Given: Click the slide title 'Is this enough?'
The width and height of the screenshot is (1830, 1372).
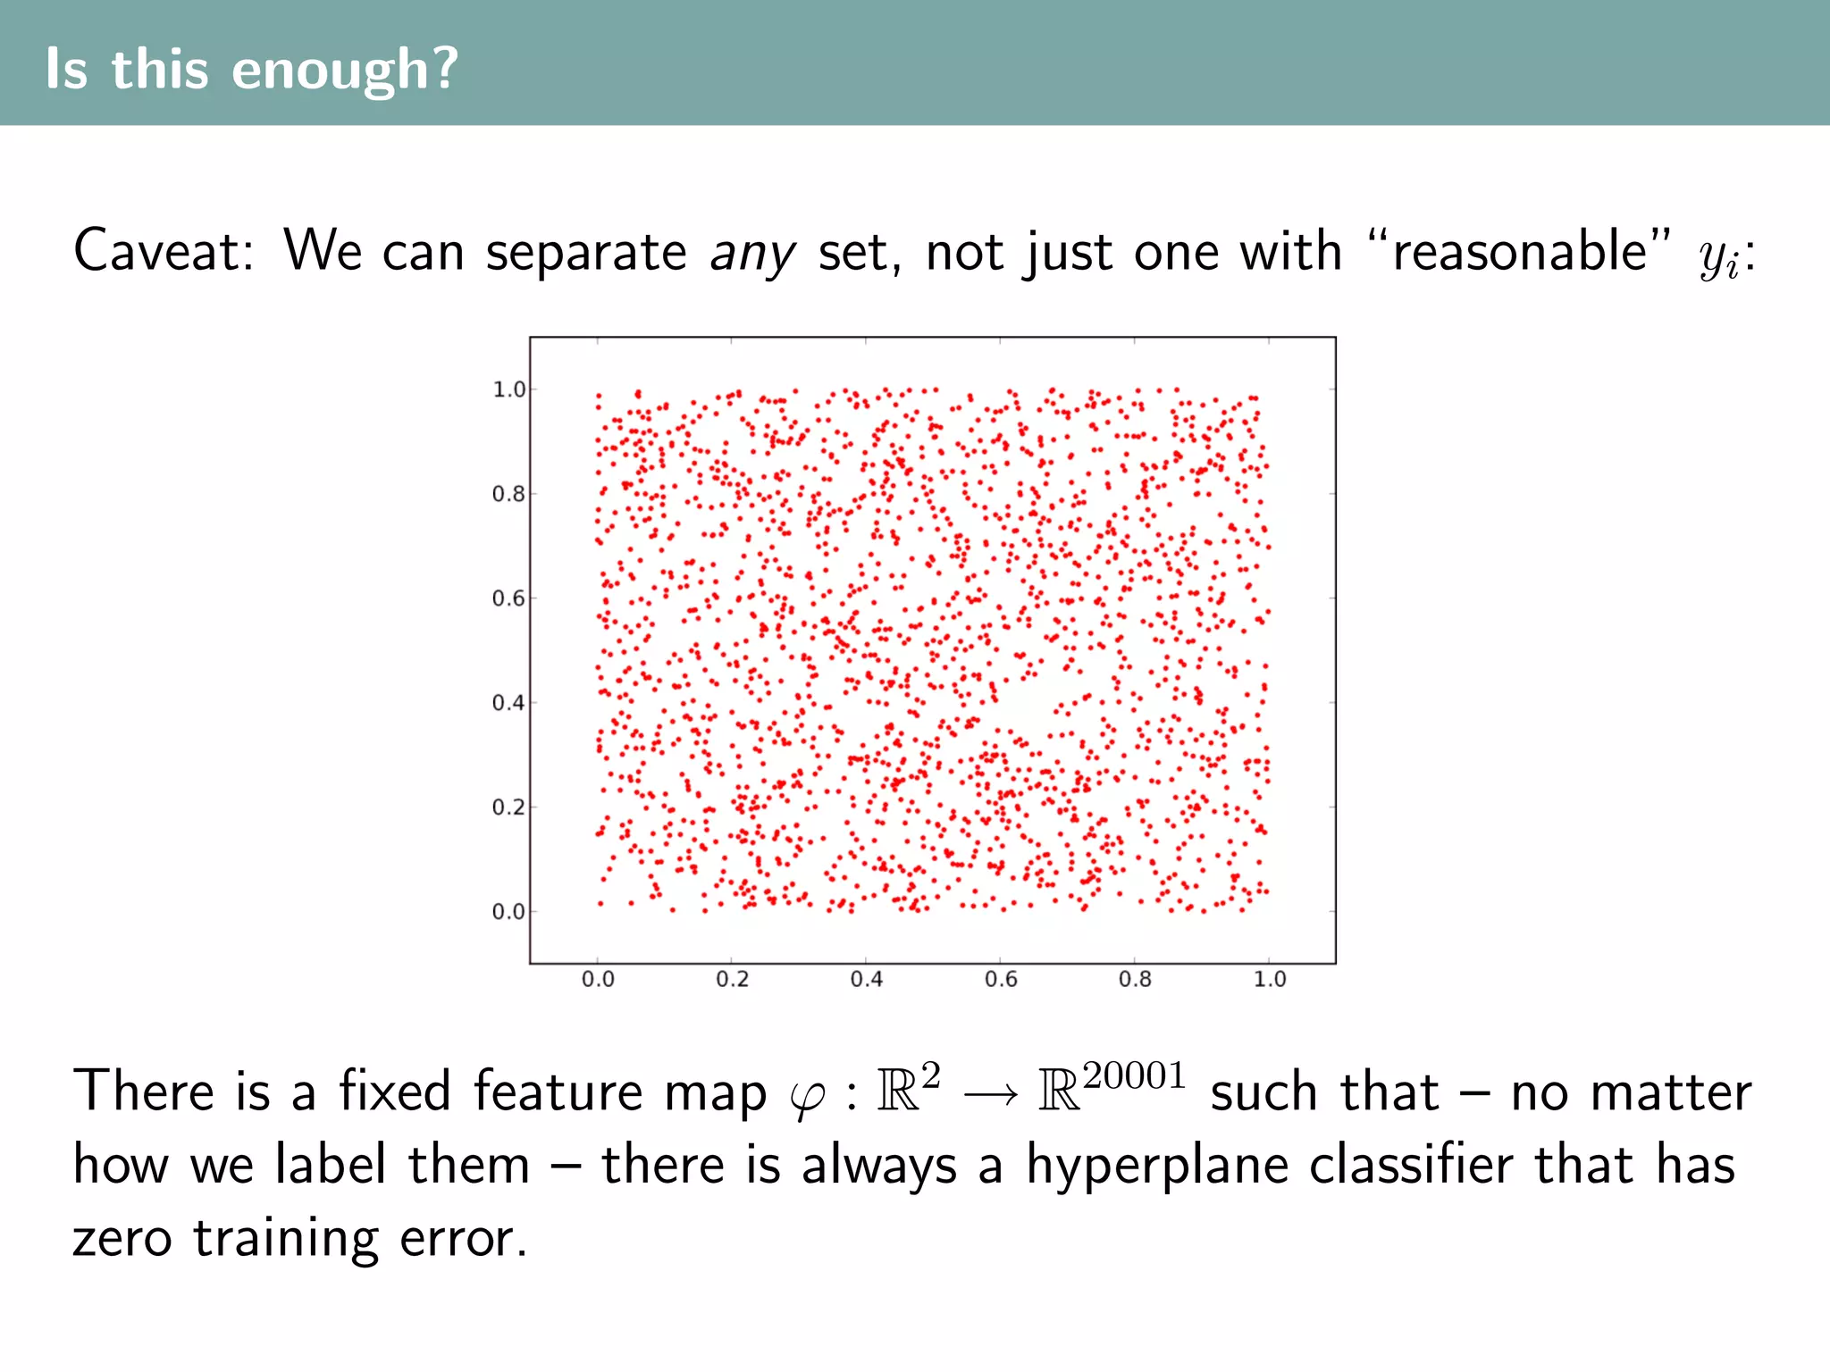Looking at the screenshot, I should point(251,69).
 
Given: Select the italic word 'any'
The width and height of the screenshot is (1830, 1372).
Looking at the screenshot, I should point(751,254).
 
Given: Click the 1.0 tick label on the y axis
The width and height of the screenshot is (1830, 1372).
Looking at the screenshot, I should point(508,389).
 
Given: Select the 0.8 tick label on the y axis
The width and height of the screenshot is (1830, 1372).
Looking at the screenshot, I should point(508,494).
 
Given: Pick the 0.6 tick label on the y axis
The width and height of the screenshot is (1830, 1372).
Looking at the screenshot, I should point(508,598).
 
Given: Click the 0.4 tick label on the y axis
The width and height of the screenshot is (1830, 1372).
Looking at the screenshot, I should point(508,703).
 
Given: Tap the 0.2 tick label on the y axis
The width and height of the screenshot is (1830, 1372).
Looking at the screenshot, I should point(508,807).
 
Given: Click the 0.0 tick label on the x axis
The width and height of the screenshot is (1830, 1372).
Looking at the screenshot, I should point(598,980).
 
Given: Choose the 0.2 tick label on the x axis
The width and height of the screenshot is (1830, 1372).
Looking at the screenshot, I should point(732,980).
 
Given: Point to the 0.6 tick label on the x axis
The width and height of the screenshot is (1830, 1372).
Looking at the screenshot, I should point(1001,980).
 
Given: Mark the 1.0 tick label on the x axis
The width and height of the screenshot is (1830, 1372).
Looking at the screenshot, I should point(1270,980).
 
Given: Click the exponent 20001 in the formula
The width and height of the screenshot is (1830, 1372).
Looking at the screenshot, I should point(1134,1076).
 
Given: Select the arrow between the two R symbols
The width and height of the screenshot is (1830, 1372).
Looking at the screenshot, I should point(990,1094).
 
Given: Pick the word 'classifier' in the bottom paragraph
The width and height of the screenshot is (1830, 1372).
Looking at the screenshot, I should point(1411,1165).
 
